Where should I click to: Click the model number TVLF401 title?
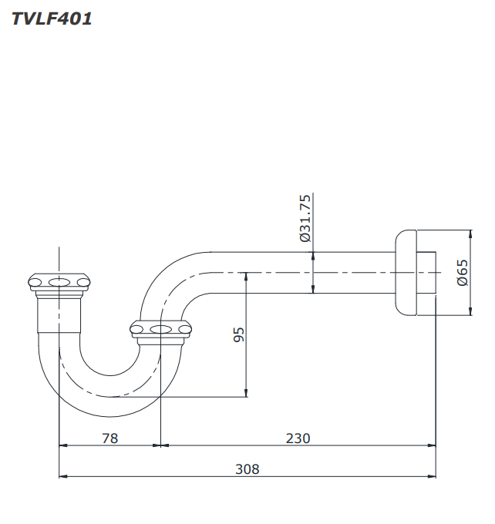pos(52,19)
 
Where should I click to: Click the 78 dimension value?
pos(110,438)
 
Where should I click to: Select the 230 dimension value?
pos(298,438)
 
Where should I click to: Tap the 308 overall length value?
pos(247,469)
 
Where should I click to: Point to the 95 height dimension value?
pos(239,334)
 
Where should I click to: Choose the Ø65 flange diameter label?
pos(462,272)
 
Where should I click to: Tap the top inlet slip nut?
pos(59,283)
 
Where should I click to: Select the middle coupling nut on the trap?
pos(160,330)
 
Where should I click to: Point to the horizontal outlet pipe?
pos(308,272)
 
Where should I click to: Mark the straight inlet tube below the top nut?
pos(59,312)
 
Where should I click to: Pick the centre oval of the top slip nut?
pos(59,282)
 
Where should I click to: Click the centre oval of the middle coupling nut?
pos(160,330)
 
